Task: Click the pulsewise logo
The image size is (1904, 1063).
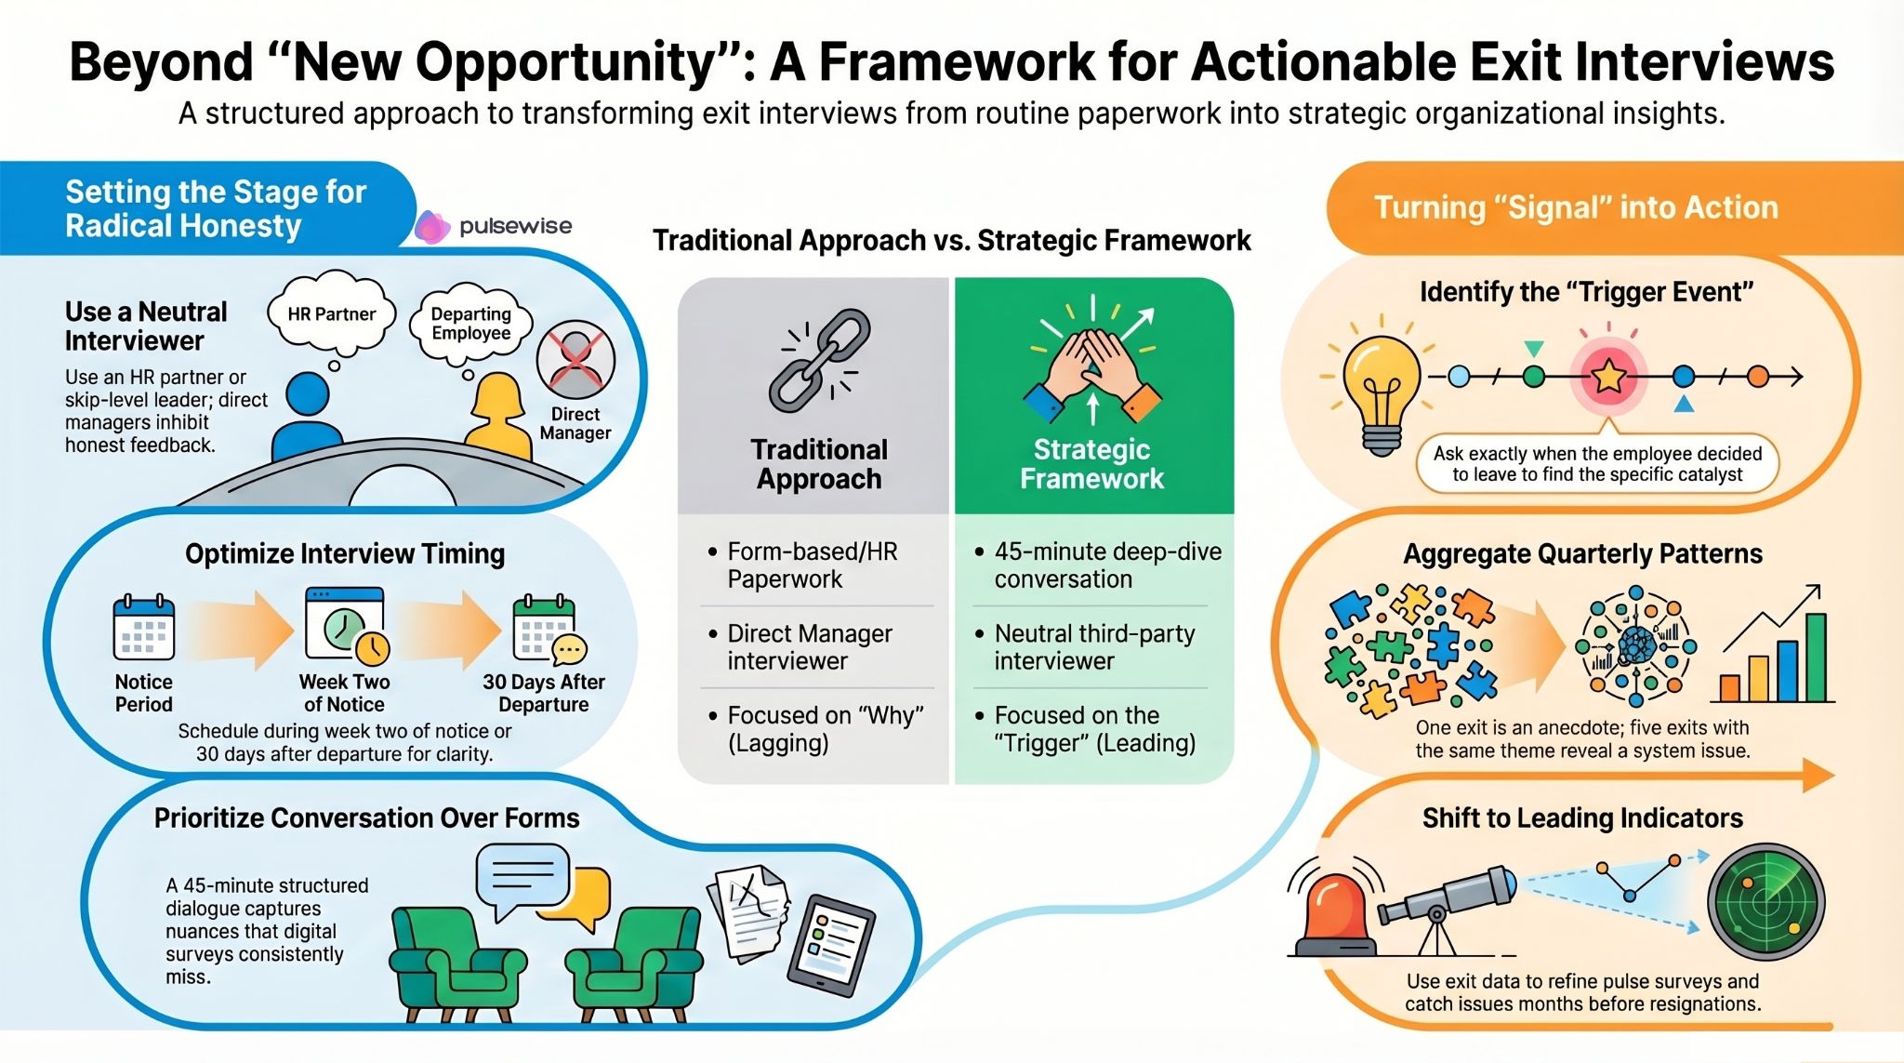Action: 494,226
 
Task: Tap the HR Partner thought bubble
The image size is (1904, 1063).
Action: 331,314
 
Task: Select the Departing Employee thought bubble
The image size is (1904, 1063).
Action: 470,324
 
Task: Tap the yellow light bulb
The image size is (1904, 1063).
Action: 1381,391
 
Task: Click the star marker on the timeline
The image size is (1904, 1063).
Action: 1608,377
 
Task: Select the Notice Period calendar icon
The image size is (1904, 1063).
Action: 143,628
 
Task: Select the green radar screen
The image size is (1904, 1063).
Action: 1765,901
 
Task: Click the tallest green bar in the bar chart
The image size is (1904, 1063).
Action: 1815,657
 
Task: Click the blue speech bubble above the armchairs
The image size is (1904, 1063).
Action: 522,875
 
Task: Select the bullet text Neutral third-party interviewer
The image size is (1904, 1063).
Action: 1094,646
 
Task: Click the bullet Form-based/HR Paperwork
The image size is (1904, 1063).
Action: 812,565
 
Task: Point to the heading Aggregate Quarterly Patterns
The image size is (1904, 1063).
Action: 1582,553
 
